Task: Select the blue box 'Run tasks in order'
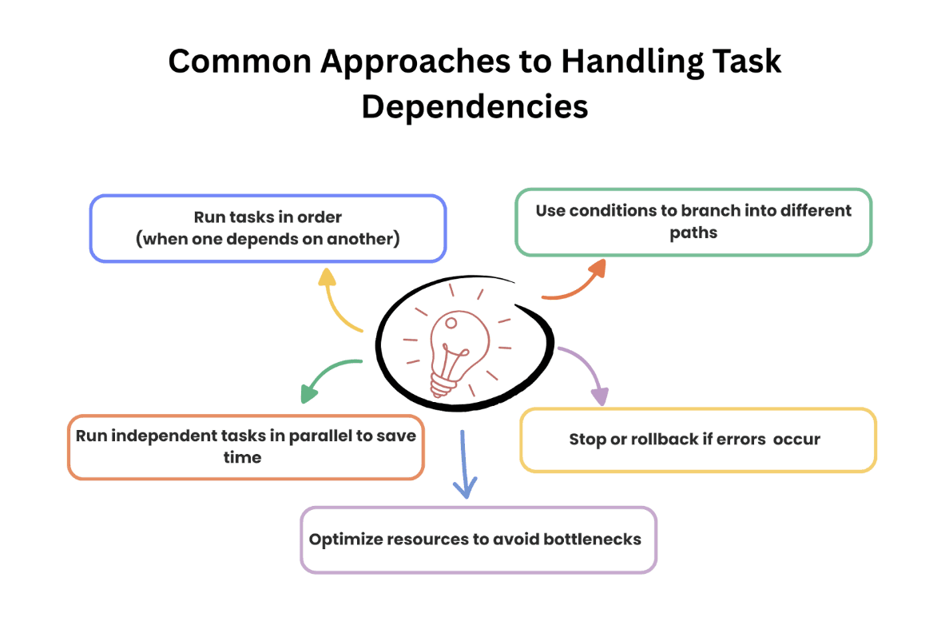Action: [268, 229]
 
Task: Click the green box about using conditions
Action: [693, 222]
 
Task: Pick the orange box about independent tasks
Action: [245, 447]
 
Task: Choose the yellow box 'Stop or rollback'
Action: [697, 440]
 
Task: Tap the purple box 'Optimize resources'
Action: [478, 539]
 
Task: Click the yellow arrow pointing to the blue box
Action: [337, 303]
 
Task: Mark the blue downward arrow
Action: [463, 468]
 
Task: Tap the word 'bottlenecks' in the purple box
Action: [592, 539]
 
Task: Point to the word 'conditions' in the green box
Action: [636, 211]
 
